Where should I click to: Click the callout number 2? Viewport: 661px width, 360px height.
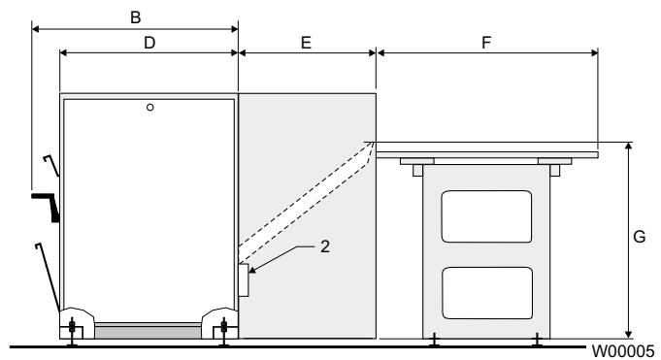(327, 246)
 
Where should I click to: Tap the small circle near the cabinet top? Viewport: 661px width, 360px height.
(149, 107)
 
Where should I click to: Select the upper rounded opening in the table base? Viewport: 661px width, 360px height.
(486, 216)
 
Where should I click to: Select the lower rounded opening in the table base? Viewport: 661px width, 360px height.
(486, 292)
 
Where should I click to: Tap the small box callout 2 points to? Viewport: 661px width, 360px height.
(244, 280)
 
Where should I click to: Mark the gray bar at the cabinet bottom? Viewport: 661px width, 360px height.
(149, 331)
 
